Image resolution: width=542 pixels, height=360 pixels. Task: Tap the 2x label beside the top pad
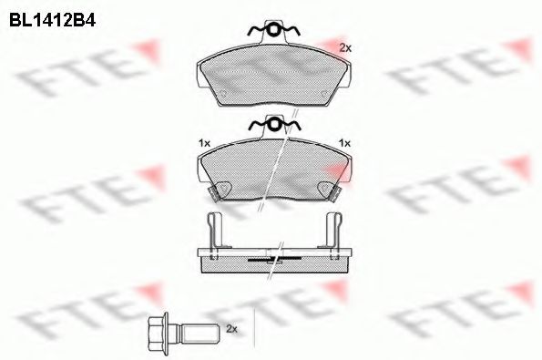point(344,46)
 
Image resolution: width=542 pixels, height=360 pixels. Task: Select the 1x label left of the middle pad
point(204,143)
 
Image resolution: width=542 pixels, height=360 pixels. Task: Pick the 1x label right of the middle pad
point(344,143)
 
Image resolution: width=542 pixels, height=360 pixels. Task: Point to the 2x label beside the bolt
point(230,328)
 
